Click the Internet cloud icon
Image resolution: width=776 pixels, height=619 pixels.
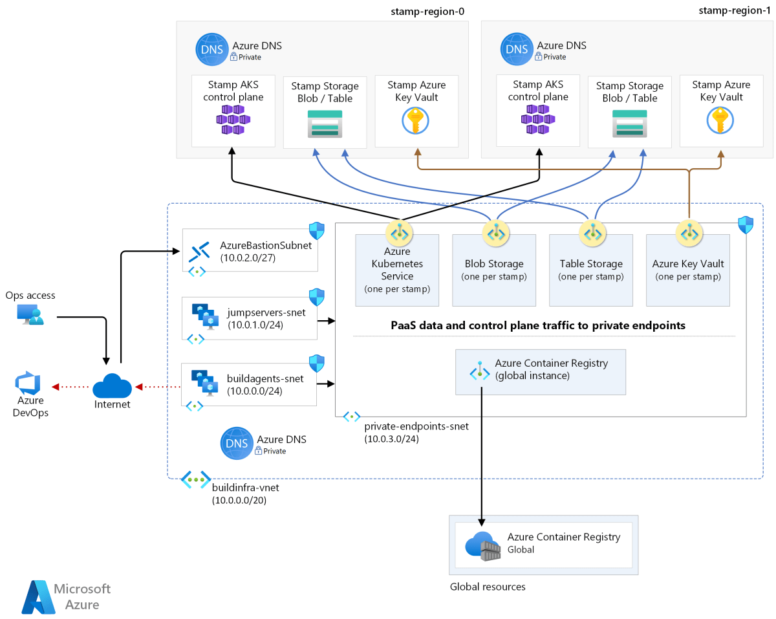(112, 387)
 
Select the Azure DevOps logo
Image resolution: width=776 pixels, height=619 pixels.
(29, 384)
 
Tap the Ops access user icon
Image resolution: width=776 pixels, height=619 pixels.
(30, 315)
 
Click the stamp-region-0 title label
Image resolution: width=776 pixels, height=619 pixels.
(428, 11)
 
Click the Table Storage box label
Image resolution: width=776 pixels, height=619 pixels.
(591, 264)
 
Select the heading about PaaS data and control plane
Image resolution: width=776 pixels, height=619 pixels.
(538, 325)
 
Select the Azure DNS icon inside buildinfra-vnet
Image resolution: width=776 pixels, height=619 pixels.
(236, 443)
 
